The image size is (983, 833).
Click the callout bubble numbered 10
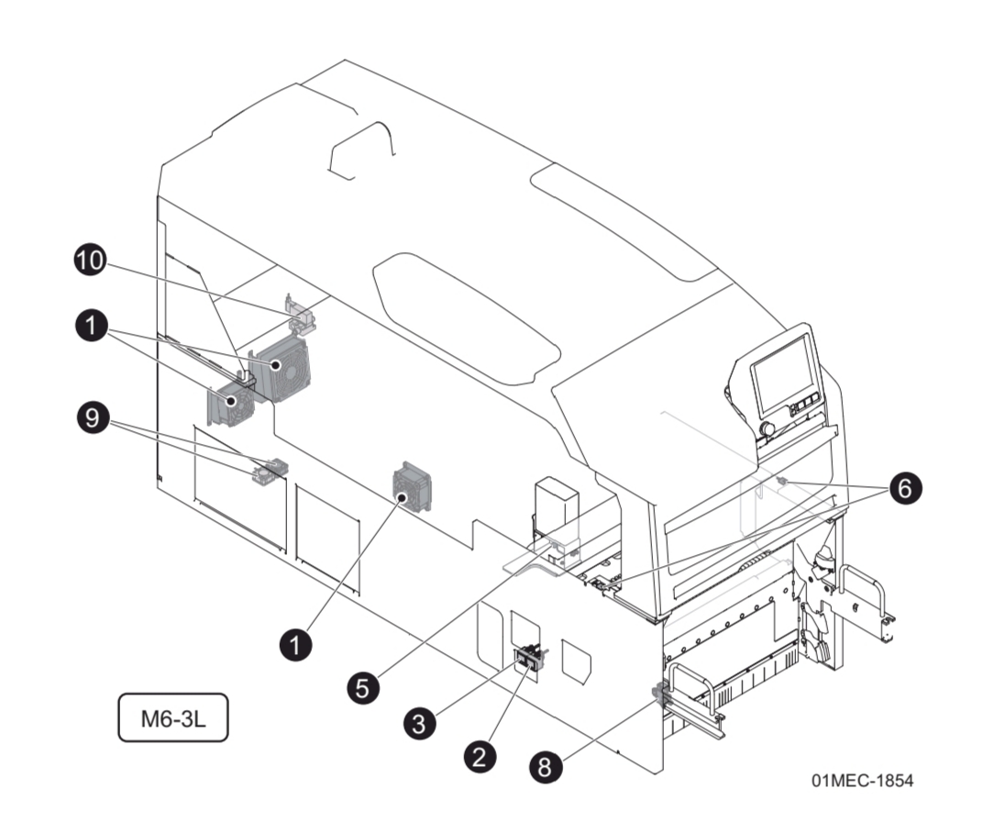pos(90,260)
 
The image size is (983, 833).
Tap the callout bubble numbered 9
pos(93,417)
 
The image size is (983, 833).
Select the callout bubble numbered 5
pos(363,688)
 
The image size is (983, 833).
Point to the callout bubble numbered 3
pos(419,723)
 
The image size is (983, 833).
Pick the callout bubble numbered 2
pos(480,757)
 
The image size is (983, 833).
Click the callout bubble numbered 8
pos(546,767)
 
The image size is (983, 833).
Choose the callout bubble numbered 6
pos(905,487)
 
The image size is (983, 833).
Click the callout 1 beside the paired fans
pos(92,326)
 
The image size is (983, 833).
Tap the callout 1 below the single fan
pos(296,644)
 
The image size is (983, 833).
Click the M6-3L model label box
pos(173,717)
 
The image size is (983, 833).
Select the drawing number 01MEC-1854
pos(863,781)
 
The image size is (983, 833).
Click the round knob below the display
pos(767,429)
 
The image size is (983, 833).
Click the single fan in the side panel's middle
pos(412,487)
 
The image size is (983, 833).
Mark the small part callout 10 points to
pos(300,312)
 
